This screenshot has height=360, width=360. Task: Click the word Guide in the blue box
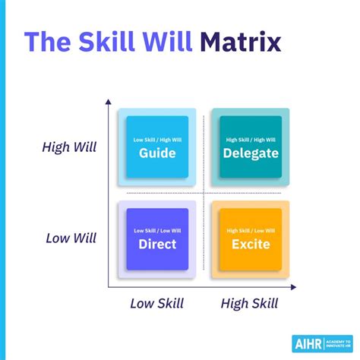click(157, 153)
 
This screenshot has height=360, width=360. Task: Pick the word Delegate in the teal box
click(251, 153)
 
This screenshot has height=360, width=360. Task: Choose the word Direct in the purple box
click(157, 244)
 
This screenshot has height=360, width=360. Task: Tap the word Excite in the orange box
click(251, 244)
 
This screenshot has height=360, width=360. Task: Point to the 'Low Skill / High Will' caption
click(157, 140)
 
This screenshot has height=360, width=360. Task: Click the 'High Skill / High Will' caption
click(251, 140)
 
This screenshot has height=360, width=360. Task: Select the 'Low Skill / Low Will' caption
click(157, 230)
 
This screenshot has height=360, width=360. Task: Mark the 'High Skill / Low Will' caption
click(251, 230)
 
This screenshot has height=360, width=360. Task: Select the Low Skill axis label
click(157, 304)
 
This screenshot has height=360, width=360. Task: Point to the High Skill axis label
click(249, 304)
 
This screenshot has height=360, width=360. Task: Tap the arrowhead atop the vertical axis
click(108, 101)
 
